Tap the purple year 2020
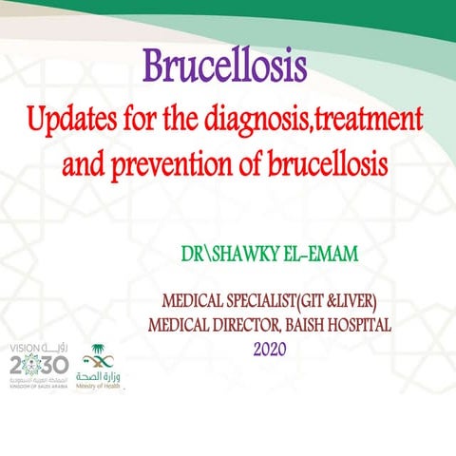click(x=270, y=349)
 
